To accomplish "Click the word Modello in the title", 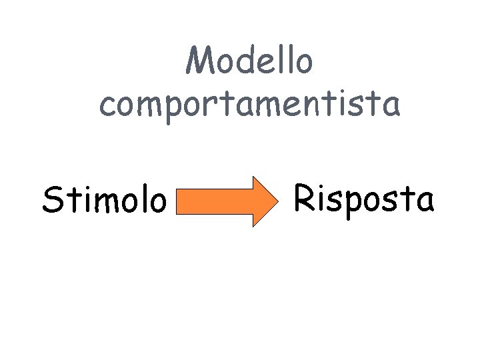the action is pyautogui.click(x=249, y=62).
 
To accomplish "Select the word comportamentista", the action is pyautogui.click(x=250, y=105).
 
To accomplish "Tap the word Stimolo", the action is pyautogui.click(x=103, y=200).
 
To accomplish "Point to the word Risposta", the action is pyautogui.click(x=364, y=198).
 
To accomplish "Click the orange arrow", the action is pyautogui.click(x=227, y=201).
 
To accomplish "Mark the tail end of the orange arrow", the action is pyautogui.click(x=179, y=201).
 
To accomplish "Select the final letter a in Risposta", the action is pyautogui.click(x=423, y=200).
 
